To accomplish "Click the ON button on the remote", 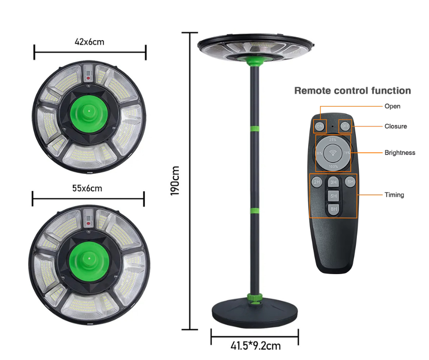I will pyautogui.click(x=319, y=126).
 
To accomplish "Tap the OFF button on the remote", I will pyautogui.click(x=345, y=126).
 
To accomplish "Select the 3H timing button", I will pyautogui.click(x=334, y=182).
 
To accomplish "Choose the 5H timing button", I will pyautogui.click(x=334, y=196).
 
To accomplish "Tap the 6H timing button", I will pyautogui.click(x=350, y=182).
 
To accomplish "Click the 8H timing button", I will pyautogui.click(x=334, y=209).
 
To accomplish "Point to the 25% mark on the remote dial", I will pyautogui.click(x=333, y=140).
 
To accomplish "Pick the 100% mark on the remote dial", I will pyautogui.click(x=333, y=167).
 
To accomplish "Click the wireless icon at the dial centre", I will pyautogui.click(x=333, y=153).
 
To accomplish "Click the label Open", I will pyautogui.click(x=392, y=106).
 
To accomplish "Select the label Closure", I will pyautogui.click(x=395, y=127).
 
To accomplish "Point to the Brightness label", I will pyautogui.click(x=400, y=153).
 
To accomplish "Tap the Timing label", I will pyautogui.click(x=394, y=195).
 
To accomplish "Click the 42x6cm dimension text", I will pyautogui.click(x=89, y=42).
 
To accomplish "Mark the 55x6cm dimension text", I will pyautogui.click(x=87, y=188).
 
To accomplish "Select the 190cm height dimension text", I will pyautogui.click(x=175, y=180).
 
